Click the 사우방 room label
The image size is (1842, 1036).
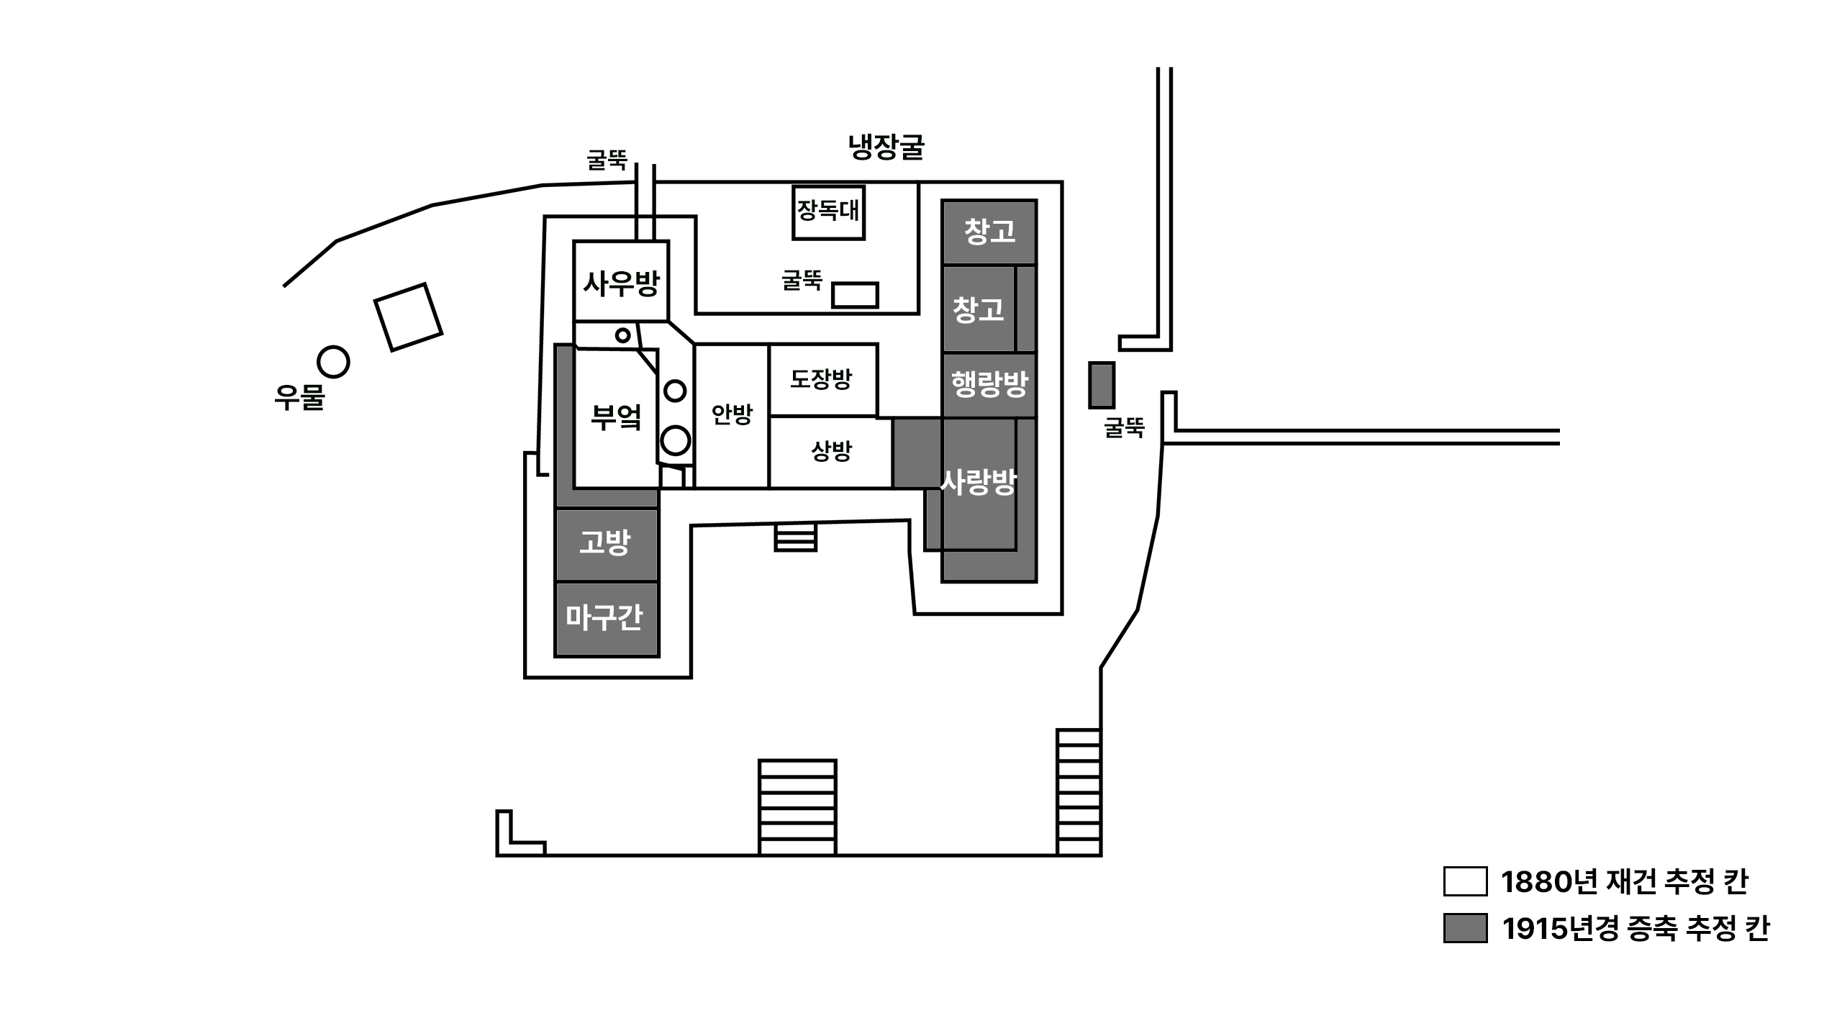tap(621, 283)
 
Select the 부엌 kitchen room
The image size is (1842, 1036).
tap(616, 418)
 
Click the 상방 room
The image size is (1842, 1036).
tap(831, 453)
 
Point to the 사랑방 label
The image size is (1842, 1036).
tap(979, 482)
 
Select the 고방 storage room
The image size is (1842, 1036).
tap(607, 544)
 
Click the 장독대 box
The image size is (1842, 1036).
tap(828, 212)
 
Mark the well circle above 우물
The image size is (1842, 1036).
tap(333, 362)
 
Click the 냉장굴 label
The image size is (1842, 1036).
tap(886, 147)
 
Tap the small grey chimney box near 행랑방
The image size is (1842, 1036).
tap(1102, 386)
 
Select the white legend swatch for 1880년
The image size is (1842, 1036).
tap(1465, 881)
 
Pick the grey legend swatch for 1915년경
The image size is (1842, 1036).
tap(1465, 928)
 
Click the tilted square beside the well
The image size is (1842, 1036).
tap(408, 317)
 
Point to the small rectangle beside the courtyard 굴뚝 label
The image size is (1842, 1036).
tap(855, 295)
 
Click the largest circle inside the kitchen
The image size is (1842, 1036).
tap(676, 440)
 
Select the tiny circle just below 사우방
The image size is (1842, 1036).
tap(623, 335)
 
